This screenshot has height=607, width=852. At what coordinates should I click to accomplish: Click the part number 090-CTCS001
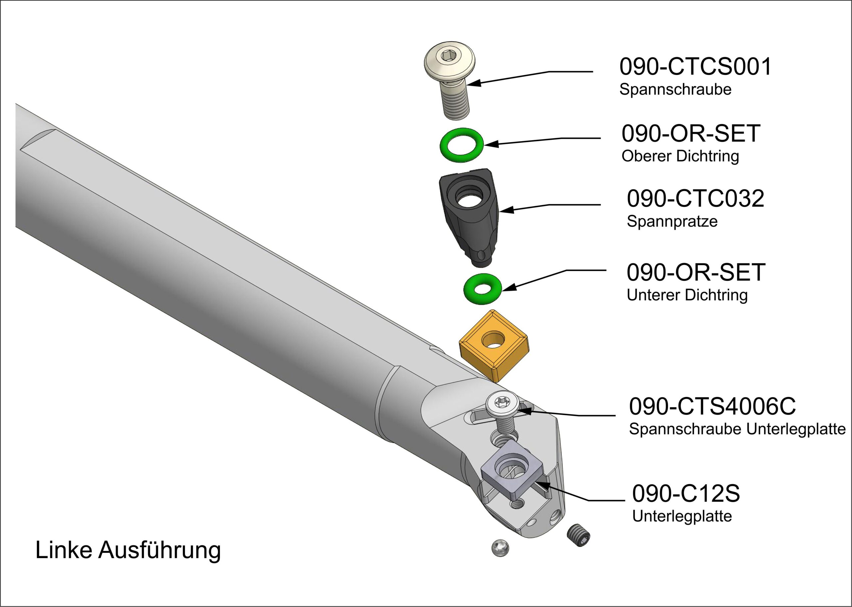[695, 67]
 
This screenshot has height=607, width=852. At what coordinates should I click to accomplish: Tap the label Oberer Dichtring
[680, 156]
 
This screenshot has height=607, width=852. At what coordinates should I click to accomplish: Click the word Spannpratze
[672, 222]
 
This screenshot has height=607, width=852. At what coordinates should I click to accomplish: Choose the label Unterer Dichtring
[687, 295]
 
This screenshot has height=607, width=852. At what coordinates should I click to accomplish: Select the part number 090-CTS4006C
[712, 406]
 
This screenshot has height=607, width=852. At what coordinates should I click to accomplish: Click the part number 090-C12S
[686, 494]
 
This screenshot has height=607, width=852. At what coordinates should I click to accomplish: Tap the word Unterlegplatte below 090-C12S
[682, 516]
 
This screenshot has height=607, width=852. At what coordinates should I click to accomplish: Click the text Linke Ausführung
[128, 550]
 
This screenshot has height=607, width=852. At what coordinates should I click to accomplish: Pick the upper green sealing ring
[462, 145]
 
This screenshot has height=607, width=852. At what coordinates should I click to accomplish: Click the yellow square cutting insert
[493, 346]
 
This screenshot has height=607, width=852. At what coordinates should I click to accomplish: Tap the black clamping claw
[469, 217]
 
